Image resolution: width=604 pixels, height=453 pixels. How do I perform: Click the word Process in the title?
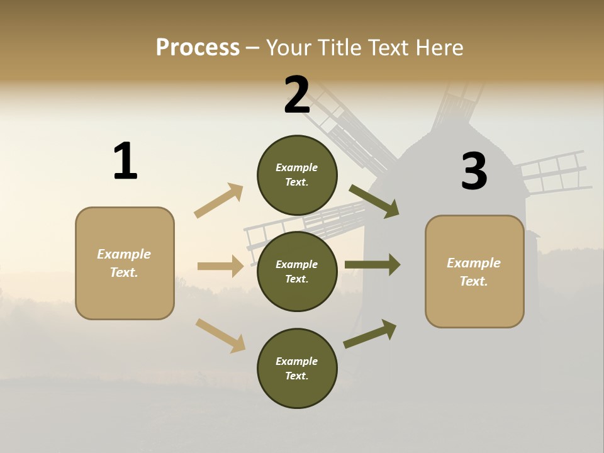[198, 47]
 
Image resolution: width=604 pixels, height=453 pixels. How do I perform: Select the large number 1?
[125, 161]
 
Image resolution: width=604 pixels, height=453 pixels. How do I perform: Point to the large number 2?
[297, 95]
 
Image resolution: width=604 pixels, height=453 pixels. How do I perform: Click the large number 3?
[474, 172]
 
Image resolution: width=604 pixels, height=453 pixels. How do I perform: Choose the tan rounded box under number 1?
[125, 263]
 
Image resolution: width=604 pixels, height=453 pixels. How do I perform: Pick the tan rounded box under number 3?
[474, 271]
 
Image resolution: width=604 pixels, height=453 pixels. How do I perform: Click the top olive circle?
[297, 175]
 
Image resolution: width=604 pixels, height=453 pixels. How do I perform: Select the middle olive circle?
[297, 271]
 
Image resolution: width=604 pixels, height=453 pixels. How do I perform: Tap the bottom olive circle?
[297, 368]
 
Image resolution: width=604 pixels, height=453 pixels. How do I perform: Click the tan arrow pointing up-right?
[219, 200]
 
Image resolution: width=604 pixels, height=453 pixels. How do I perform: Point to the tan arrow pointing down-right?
[220, 335]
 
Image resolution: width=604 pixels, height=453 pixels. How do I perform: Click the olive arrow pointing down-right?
[374, 201]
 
